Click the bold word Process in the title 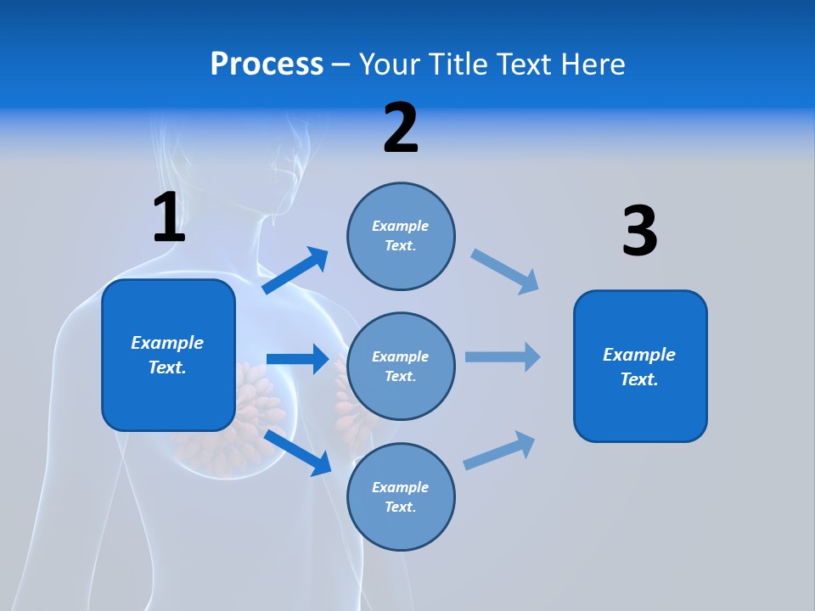tap(267, 64)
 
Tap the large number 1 tap(169, 217)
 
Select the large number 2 tap(401, 128)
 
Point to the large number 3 tap(639, 232)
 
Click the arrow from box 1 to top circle tap(295, 271)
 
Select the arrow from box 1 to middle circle tap(297, 359)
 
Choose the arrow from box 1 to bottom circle tap(298, 452)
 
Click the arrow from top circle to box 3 tap(505, 272)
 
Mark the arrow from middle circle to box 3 tap(503, 356)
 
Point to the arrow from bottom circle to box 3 tap(499, 450)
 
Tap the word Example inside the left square tap(167, 343)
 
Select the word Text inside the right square tap(639, 379)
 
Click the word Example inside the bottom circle tap(401, 487)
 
